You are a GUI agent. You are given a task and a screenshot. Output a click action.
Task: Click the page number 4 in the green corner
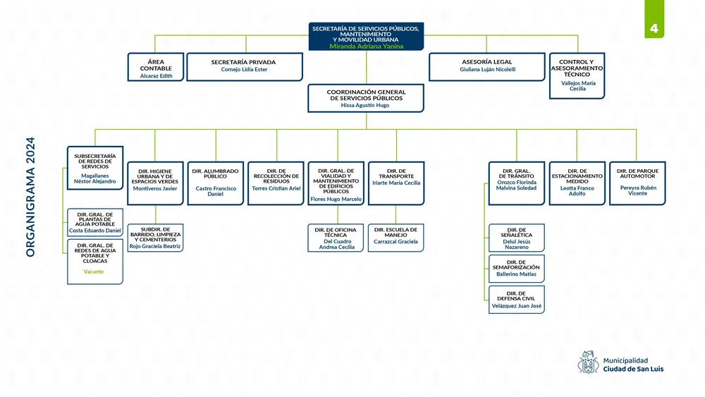(x=654, y=29)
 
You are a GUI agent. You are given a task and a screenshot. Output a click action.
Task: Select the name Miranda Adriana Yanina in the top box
(x=366, y=46)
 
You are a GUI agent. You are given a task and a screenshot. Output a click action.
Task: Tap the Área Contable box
(x=156, y=68)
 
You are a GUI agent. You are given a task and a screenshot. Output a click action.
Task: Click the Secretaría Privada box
(x=244, y=66)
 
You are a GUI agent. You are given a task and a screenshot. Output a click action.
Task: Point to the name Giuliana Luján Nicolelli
(x=488, y=70)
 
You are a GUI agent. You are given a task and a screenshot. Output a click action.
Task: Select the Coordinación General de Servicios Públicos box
(x=366, y=98)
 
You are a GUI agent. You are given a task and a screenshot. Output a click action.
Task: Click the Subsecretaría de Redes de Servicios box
(x=94, y=168)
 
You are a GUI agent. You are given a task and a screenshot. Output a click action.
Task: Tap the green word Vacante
(x=94, y=271)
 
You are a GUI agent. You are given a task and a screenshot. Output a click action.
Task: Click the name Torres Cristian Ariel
(x=276, y=189)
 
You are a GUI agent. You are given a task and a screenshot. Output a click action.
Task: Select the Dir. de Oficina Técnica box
(x=336, y=238)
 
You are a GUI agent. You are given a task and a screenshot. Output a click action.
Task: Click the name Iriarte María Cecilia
(x=396, y=183)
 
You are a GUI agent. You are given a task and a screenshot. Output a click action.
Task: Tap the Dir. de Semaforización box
(x=517, y=269)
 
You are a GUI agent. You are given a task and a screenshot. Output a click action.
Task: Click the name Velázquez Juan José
(x=517, y=307)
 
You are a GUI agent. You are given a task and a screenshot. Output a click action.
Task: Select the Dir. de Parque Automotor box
(x=637, y=183)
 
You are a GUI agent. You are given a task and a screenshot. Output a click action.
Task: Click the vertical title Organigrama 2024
(x=30, y=195)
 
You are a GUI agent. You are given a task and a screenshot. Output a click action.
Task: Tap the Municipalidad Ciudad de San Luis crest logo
(x=588, y=362)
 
